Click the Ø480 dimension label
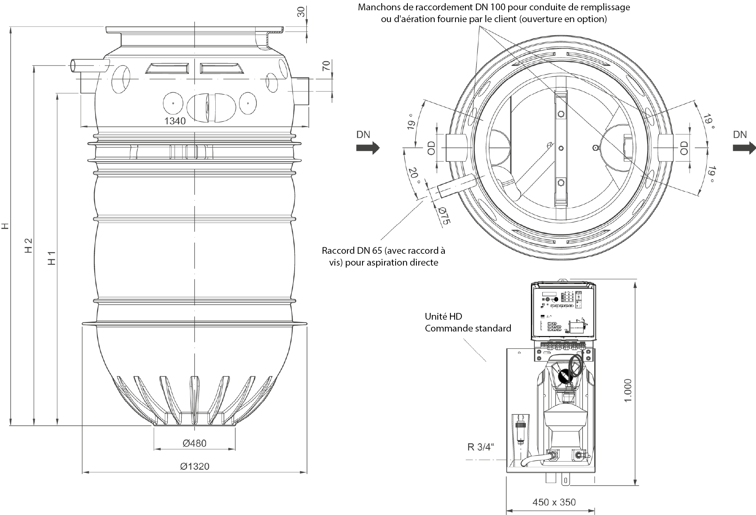[194, 443]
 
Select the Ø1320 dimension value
[194, 466]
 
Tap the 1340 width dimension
[175, 121]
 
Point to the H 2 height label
[28, 245]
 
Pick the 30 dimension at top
[301, 12]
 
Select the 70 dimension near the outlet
[326, 66]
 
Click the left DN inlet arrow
[368, 148]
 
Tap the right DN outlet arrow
[744, 148]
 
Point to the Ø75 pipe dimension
[444, 215]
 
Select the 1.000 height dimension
[628, 390]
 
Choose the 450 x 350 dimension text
[554, 502]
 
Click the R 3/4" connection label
[480, 447]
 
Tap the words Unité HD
[443, 316]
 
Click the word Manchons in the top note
[377, 7]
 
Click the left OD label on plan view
[431, 148]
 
